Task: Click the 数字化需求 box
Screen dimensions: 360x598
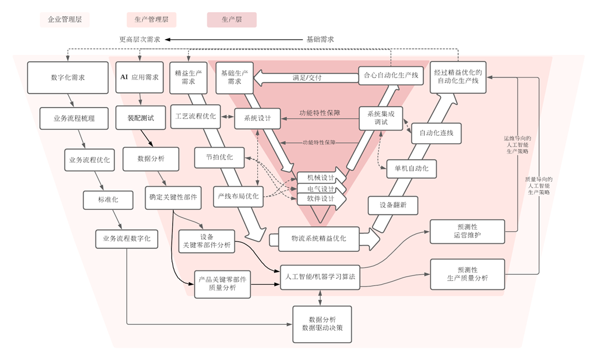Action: [67, 77]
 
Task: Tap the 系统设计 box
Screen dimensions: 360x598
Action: [257, 118]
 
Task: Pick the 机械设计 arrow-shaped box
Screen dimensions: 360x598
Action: [321, 177]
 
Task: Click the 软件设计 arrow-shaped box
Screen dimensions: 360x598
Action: [321, 198]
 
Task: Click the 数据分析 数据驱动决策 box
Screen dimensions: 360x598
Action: [322, 324]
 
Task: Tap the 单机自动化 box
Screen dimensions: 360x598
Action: [411, 168]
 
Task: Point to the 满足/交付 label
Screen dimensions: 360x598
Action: [306, 77]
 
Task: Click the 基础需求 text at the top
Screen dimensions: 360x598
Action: [320, 40]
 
